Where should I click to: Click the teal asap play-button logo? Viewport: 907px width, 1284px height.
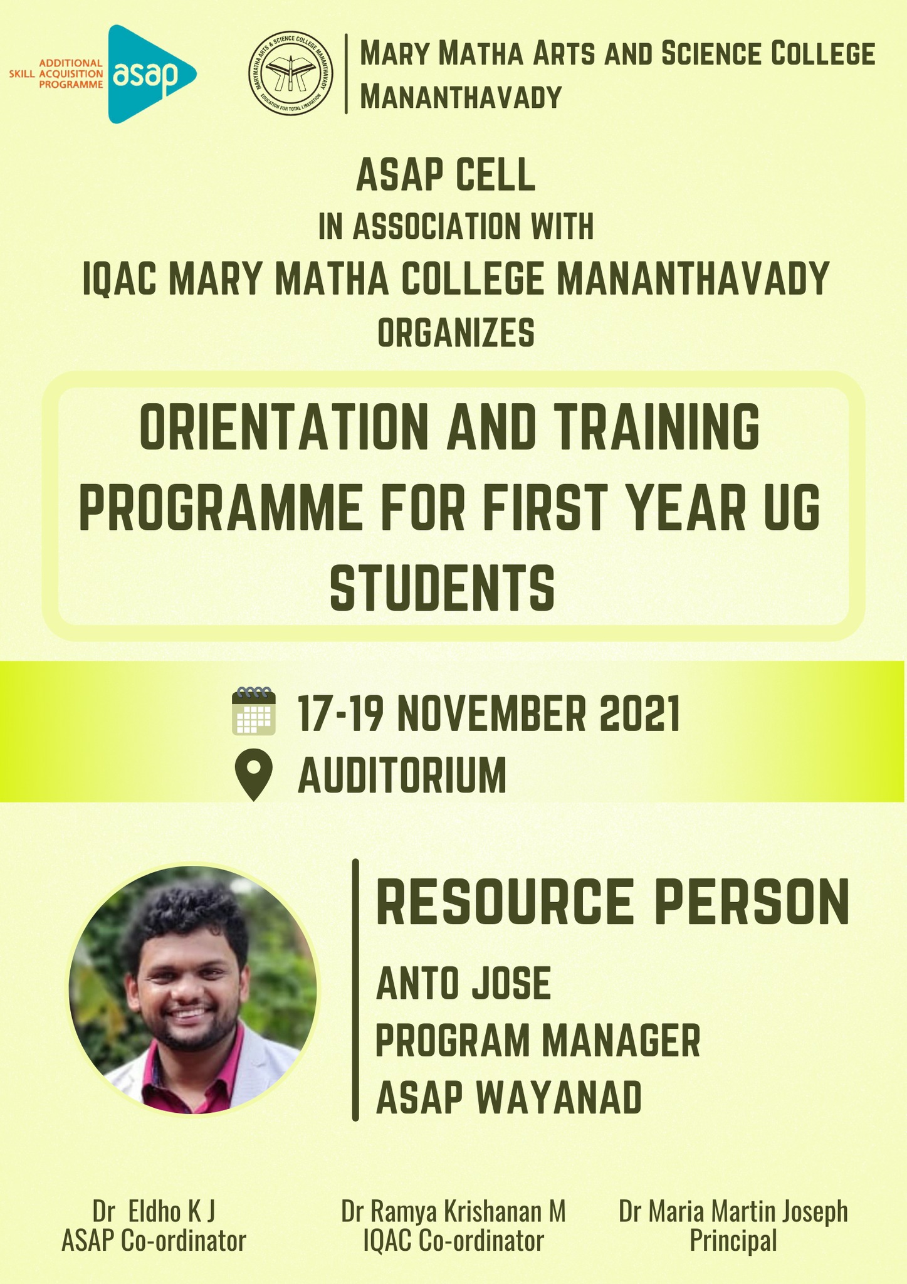150,74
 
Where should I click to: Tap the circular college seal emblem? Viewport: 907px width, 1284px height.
291,75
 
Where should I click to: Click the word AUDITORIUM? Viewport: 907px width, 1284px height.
402,776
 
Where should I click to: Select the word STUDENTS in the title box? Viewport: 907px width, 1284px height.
443,587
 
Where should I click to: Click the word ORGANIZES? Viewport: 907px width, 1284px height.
456,333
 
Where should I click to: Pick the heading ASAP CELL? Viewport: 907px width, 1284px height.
446,176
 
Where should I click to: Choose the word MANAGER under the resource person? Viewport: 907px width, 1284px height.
621,1041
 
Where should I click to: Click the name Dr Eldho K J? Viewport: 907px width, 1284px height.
154,1212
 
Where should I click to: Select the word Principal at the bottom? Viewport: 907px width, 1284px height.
733,1241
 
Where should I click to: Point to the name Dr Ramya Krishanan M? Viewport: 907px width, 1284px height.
453,1212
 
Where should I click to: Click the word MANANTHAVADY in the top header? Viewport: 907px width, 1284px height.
461,98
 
